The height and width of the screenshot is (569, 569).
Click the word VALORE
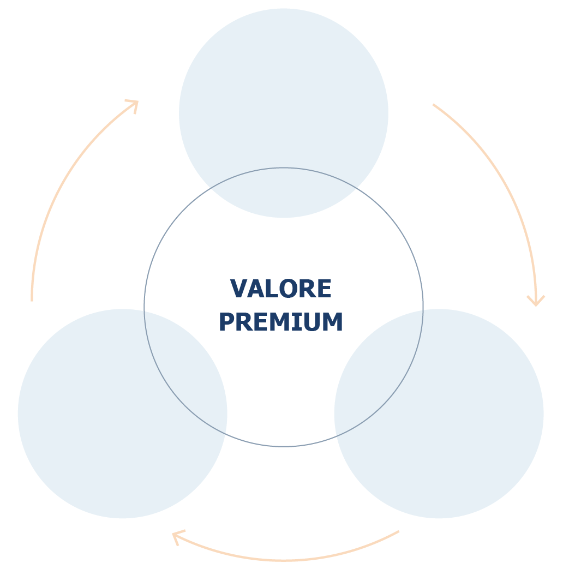pos(280,289)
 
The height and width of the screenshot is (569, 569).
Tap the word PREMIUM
pos(280,321)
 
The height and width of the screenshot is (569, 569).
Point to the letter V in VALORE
pos(238,289)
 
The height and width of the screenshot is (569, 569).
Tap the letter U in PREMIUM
pos(312,322)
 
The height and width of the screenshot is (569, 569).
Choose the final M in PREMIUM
pos(332,321)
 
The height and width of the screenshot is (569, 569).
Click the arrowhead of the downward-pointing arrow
pos(536,302)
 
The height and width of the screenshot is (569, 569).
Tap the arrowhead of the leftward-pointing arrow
pos(177,537)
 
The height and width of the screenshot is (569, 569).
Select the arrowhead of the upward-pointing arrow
pos(134,105)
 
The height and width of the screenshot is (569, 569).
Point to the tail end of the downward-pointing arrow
pos(433,105)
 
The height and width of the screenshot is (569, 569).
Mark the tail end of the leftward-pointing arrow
pos(399,531)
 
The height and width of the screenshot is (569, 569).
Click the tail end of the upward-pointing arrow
pos(32,301)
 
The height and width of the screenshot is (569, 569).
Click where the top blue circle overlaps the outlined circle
pos(284,193)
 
